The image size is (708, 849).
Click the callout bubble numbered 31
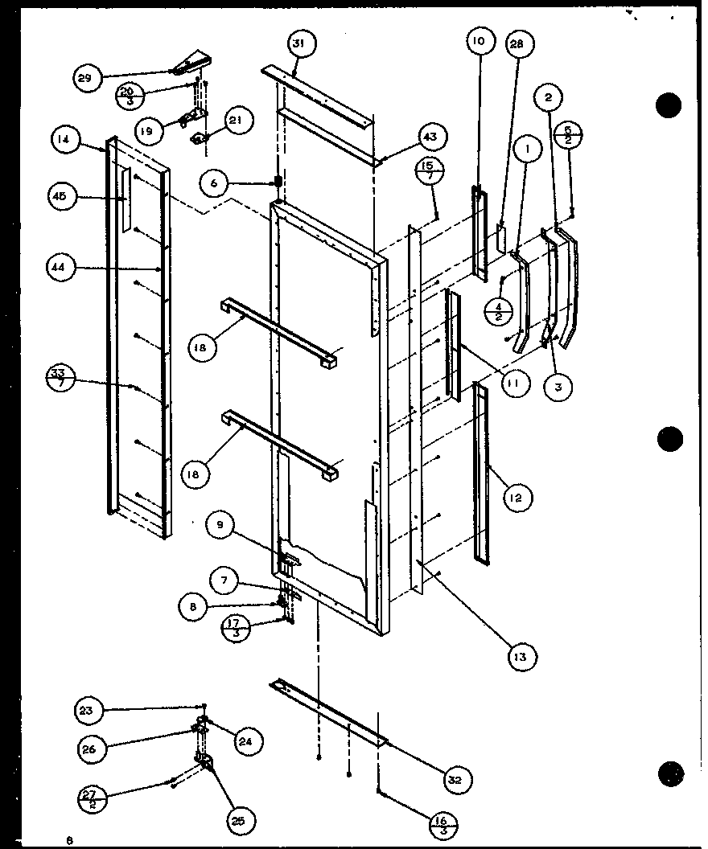pyautogui.click(x=298, y=44)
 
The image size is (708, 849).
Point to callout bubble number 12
pyautogui.click(x=515, y=498)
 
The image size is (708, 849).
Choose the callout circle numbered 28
pyautogui.click(x=516, y=45)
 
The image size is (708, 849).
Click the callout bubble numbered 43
pyautogui.click(x=430, y=137)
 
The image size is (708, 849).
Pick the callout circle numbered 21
pyautogui.click(x=235, y=121)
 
